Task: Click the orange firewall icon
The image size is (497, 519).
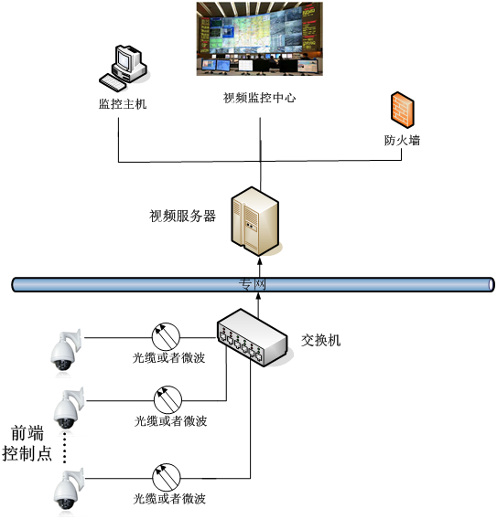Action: [402, 110]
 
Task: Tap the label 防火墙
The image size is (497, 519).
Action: [402, 141]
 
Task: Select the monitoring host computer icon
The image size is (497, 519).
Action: [124, 69]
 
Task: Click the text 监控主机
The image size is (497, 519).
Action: [123, 104]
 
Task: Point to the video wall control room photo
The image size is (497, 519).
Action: [260, 38]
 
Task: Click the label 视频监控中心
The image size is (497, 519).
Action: [259, 98]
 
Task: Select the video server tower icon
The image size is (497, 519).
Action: [255, 221]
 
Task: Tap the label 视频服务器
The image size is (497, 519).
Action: [182, 217]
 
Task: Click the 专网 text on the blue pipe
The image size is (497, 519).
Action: [253, 284]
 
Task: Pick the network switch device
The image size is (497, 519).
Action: [253, 337]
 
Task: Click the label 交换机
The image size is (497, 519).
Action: [320, 340]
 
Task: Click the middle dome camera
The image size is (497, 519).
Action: [69, 408]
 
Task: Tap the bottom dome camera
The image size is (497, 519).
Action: [69, 489]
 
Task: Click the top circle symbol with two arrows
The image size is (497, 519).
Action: [166, 336]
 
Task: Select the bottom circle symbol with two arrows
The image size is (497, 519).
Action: [167, 477]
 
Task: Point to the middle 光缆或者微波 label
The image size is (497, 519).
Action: [171, 421]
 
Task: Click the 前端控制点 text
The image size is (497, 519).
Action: [27, 443]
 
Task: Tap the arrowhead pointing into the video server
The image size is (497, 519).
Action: [260, 261]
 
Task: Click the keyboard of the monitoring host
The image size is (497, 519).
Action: [113, 83]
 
